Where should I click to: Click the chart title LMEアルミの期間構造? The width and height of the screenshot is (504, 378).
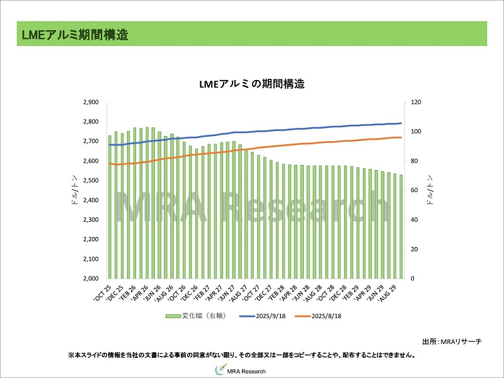(251, 84)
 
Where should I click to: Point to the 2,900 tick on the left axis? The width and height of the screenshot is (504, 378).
(91, 102)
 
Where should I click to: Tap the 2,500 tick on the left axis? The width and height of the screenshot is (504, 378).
(91, 181)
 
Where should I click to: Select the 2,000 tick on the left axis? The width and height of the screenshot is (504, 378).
(91, 278)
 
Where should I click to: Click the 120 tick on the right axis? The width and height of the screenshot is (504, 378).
(415, 102)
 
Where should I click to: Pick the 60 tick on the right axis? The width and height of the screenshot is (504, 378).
(413, 190)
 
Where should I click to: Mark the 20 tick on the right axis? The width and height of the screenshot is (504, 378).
(413, 249)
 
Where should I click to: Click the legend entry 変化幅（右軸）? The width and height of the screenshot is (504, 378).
(200, 316)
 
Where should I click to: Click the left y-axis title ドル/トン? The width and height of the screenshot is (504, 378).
(74, 190)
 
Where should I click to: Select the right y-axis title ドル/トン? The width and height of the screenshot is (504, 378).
(430, 190)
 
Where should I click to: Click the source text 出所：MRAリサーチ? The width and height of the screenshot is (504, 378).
(451, 341)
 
